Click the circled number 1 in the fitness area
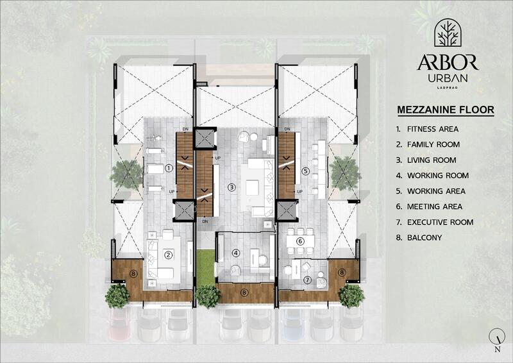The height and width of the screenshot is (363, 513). click(x=169, y=169)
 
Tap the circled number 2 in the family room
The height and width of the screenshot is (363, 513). click(x=168, y=254)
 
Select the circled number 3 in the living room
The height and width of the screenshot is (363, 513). click(x=231, y=187)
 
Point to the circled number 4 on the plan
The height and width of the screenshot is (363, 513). click(x=237, y=253)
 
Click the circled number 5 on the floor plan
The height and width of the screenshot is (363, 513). click(x=305, y=171)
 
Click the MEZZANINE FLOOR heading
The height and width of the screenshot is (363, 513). click(x=446, y=110)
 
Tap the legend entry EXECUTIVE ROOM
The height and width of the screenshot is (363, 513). click(x=439, y=222)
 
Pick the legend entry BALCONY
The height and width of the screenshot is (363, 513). click(x=423, y=238)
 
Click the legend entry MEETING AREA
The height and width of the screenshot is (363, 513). click(x=433, y=207)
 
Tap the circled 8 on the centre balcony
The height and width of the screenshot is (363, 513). click(x=244, y=292)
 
